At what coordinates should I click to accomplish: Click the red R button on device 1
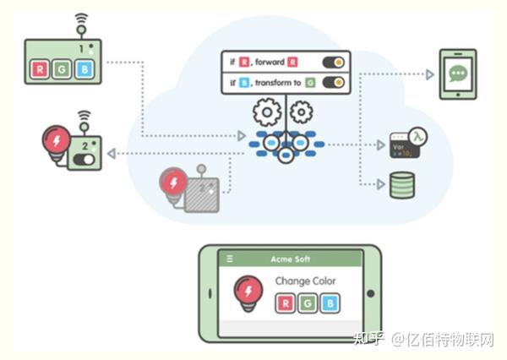click(x=39, y=68)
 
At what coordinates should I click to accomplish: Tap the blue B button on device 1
click(x=83, y=68)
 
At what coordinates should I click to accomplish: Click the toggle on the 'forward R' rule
click(x=335, y=63)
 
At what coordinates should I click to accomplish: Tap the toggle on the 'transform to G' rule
click(x=335, y=83)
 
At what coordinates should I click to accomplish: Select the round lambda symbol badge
click(x=417, y=136)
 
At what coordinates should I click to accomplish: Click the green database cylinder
click(x=401, y=185)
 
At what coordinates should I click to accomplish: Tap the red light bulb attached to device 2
click(x=57, y=142)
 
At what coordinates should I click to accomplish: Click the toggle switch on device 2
click(x=84, y=159)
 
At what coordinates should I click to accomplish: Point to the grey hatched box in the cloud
click(x=203, y=195)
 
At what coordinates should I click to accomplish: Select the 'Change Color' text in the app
click(x=305, y=281)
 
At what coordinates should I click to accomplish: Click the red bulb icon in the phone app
click(x=248, y=292)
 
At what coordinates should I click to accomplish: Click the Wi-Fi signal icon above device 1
click(x=81, y=19)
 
